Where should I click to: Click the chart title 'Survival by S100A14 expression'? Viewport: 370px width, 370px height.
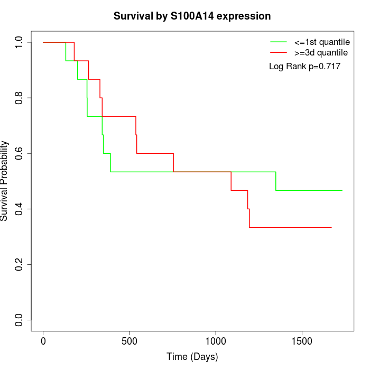[x=192, y=16]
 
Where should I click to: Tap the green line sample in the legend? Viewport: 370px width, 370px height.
[x=279, y=41]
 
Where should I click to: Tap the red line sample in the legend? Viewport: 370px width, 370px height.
[x=279, y=52]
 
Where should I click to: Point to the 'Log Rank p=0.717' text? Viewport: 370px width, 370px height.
[x=304, y=67]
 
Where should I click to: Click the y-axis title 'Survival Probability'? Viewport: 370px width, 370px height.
[x=5, y=181]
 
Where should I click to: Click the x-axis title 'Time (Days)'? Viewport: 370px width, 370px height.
[x=192, y=357]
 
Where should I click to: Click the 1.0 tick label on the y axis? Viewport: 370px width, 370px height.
[x=20, y=42]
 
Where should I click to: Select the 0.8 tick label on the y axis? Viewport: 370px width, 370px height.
[x=20, y=98]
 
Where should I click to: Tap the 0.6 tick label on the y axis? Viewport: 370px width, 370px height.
[x=20, y=153]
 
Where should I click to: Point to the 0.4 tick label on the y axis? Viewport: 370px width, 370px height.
[x=20, y=209]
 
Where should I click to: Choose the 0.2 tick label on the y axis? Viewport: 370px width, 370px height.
[x=20, y=264]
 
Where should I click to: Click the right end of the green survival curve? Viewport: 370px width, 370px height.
[x=342, y=190]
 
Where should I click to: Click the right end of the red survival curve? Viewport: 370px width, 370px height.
[x=331, y=227]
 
